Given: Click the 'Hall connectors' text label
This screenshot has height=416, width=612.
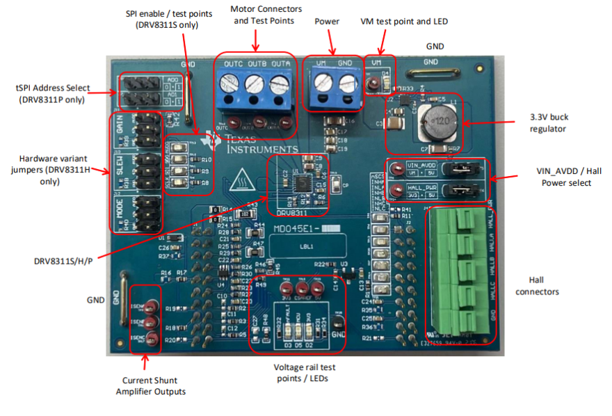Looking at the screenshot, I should pos(537,285).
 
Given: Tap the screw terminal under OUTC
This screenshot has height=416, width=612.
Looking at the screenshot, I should pos(231,86).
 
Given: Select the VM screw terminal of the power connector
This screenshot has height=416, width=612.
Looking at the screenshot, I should pos(321,85).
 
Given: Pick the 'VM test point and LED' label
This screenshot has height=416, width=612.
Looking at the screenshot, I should pos(404,22).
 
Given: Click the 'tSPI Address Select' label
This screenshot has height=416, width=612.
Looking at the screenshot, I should pos(53,93).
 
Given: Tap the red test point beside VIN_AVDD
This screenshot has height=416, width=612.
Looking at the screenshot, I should pos(396,168).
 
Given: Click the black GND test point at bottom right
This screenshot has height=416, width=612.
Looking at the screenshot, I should pos(338,323).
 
